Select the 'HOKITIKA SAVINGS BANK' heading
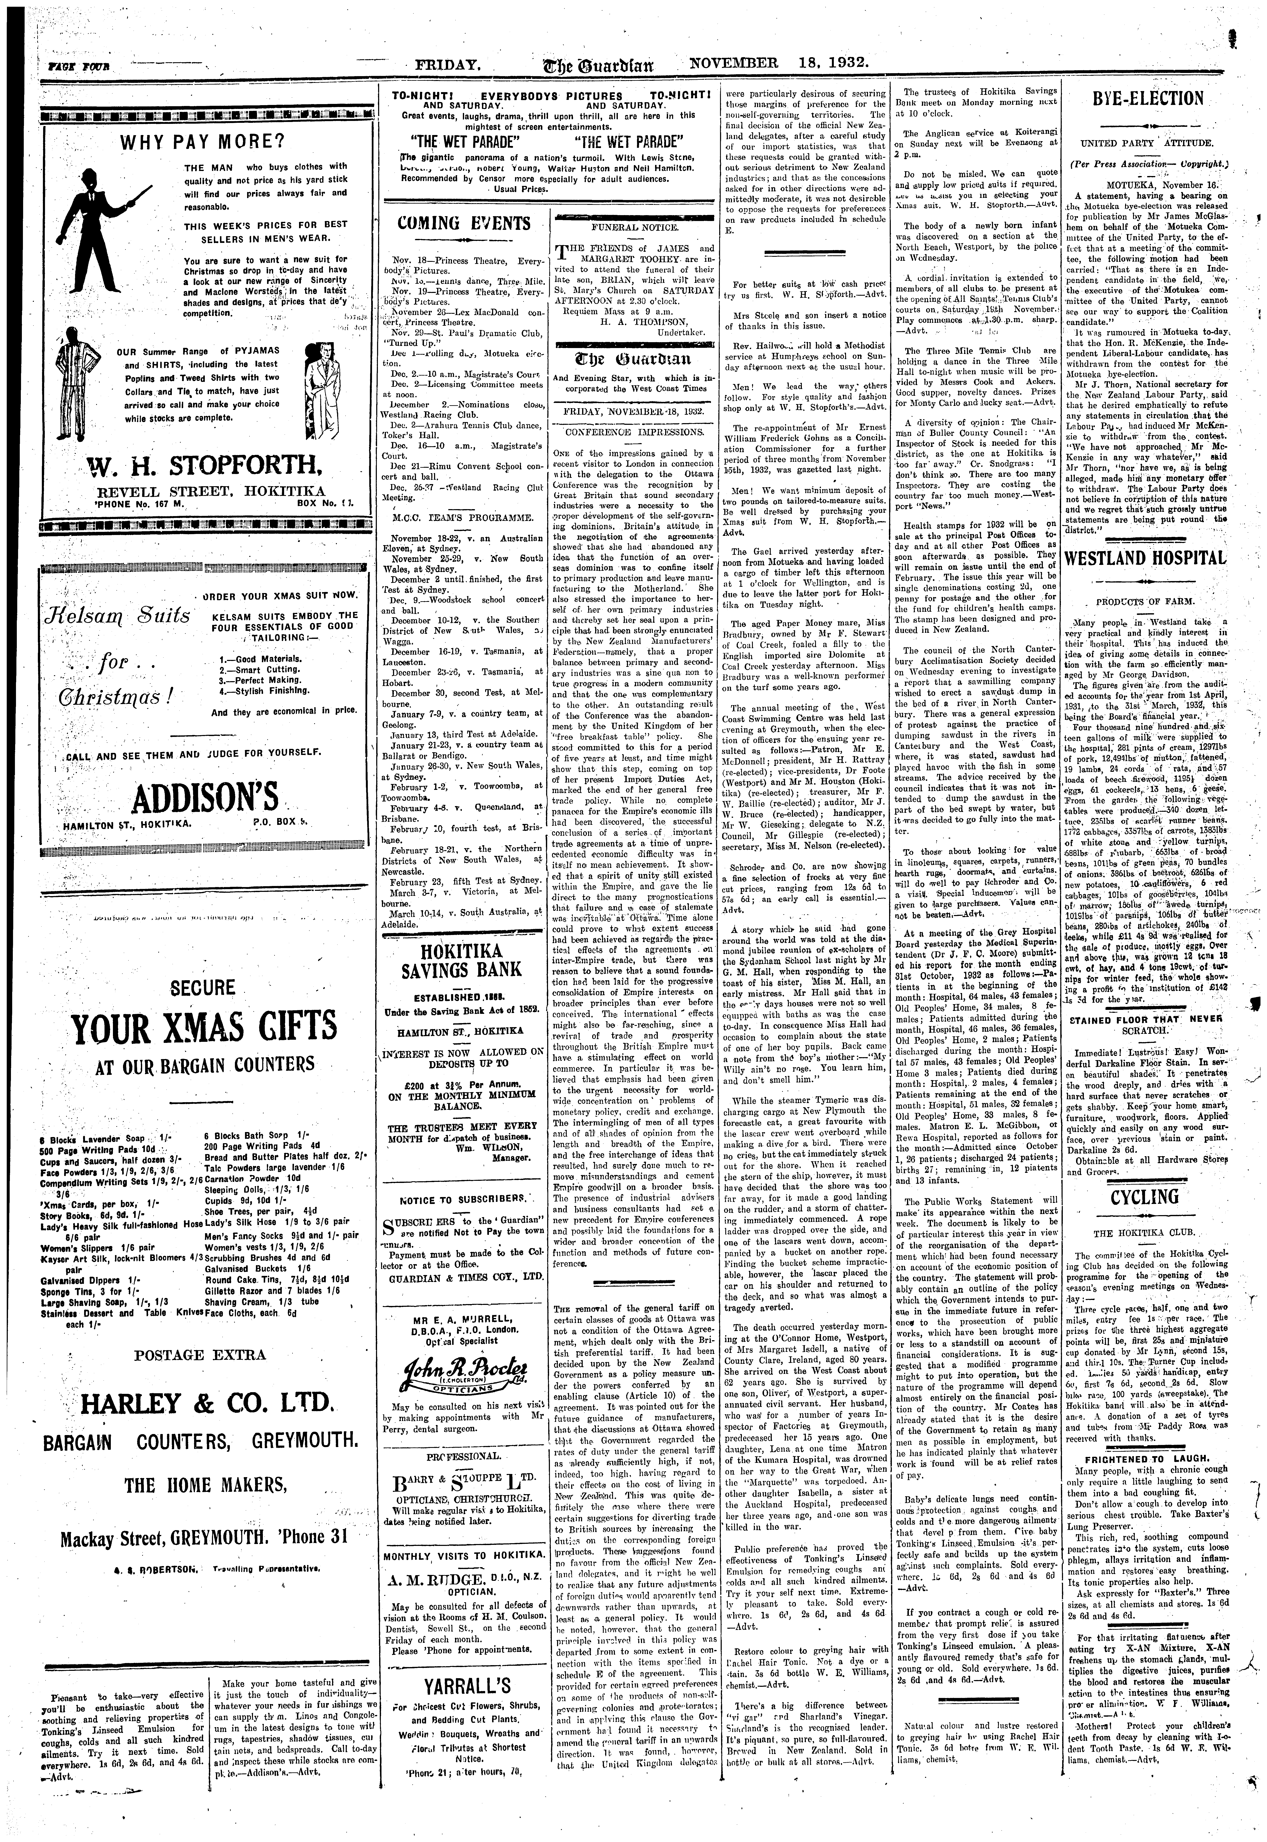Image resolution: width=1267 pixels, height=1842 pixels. pyautogui.click(x=471, y=961)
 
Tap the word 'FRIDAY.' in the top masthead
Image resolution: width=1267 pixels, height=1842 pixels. pyautogui.click(x=452, y=65)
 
